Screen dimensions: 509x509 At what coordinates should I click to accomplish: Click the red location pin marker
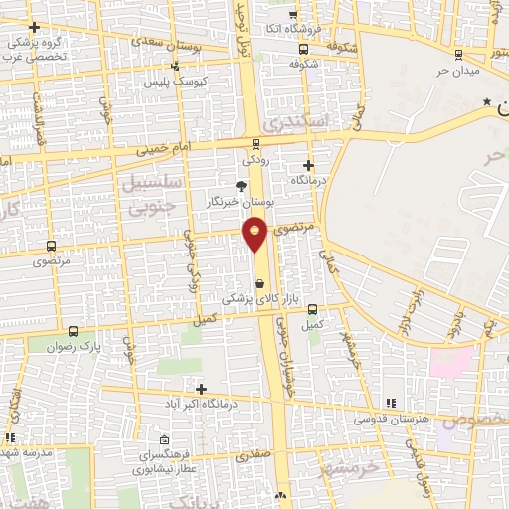(x=255, y=234)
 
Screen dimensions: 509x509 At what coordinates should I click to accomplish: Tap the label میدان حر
(x=458, y=71)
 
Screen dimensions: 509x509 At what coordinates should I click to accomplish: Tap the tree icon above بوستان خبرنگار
(x=239, y=185)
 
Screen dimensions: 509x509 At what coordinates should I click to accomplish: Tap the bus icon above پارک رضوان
(x=73, y=331)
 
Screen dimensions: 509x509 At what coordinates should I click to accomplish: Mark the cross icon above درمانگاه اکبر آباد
(x=202, y=389)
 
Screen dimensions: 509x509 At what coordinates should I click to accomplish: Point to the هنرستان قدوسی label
(x=423, y=418)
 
